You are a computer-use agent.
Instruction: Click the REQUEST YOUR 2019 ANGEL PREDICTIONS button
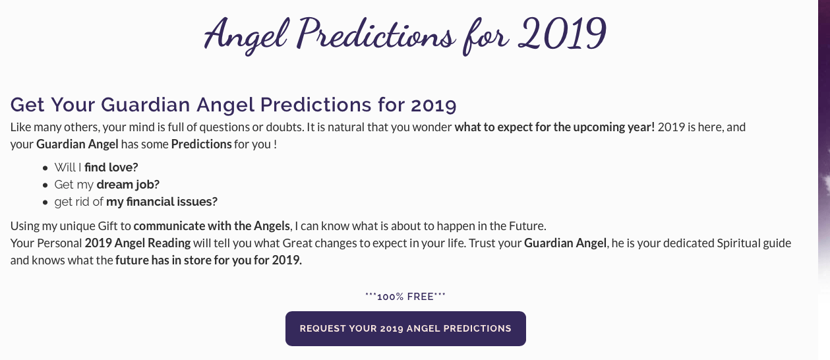(405, 328)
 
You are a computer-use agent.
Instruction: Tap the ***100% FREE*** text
(405, 297)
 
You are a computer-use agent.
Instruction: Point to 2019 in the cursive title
(562, 34)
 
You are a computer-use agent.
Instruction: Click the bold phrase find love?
(111, 167)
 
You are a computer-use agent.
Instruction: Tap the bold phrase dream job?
(128, 184)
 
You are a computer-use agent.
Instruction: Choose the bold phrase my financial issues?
(162, 201)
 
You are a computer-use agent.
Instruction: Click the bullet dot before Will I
(45, 168)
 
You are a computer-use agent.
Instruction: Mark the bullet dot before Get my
(45, 185)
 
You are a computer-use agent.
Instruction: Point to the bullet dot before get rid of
(45, 202)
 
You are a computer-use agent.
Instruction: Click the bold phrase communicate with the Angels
(212, 225)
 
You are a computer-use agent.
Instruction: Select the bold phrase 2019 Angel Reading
(138, 243)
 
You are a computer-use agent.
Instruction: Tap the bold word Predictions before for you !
(201, 144)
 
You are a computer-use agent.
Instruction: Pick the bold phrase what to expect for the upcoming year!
(554, 127)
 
